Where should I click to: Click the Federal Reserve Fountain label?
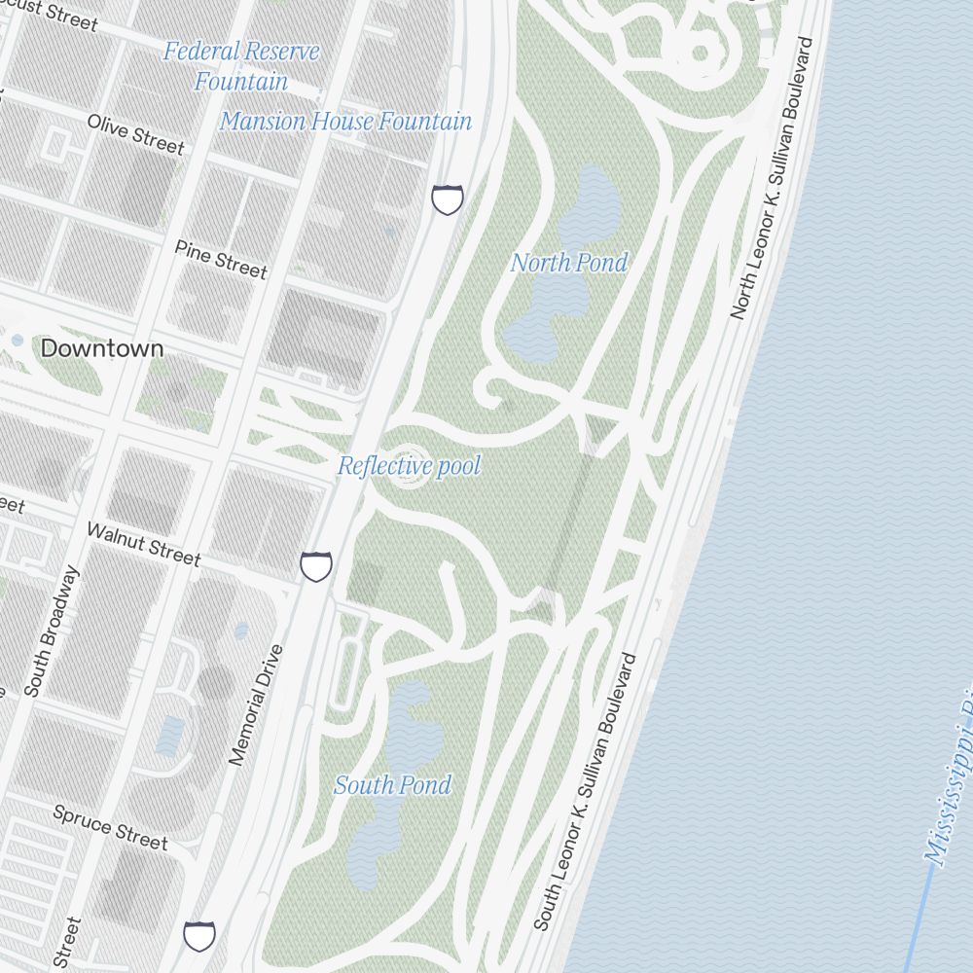[x=240, y=65]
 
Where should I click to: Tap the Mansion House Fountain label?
[x=345, y=122]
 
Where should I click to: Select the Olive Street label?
[x=135, y=134]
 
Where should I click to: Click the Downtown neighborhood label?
[x=102, y=348]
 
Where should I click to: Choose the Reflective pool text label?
[x=409, y=467]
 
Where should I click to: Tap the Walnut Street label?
[x=143, y=544]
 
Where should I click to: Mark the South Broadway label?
[x=50, y=631]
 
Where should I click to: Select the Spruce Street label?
[x=110, y=827]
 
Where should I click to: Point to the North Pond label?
[x=569, y=263]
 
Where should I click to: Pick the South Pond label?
[x=393, y=785]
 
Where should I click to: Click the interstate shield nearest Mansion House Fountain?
[x=448, y=200]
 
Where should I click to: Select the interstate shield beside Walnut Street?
[x=316, y=565]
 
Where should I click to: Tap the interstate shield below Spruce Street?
[x=199, y=936]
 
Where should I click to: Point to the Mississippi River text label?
[x=949, y=788]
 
